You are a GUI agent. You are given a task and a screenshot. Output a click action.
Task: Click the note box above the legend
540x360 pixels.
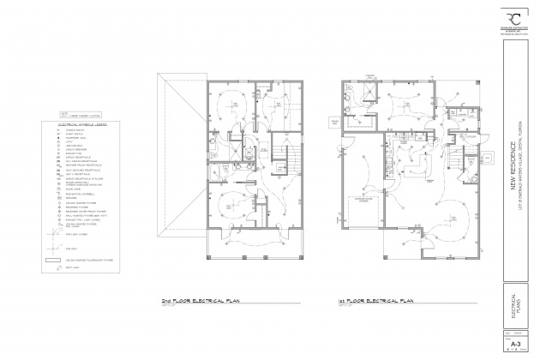[68, 113]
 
